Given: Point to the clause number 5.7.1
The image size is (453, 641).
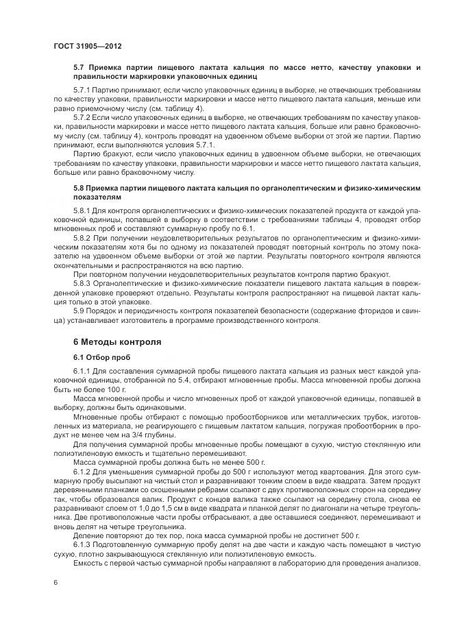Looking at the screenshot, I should pyautogui.click(x=82, y=90).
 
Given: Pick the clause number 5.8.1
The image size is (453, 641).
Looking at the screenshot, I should pyautogui.click(x=82, y=208).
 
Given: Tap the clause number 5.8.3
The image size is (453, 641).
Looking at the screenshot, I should pyautogui.click(x=82, y=283).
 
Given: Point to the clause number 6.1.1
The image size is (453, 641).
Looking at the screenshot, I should pyautogui.click(x=82, y=372).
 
